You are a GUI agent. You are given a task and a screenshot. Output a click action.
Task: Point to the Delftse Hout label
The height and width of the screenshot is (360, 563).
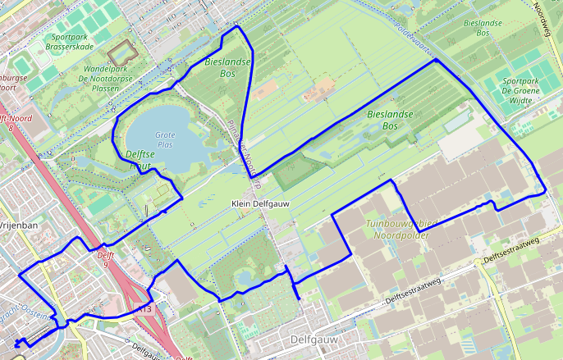(x=143, y=159)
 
